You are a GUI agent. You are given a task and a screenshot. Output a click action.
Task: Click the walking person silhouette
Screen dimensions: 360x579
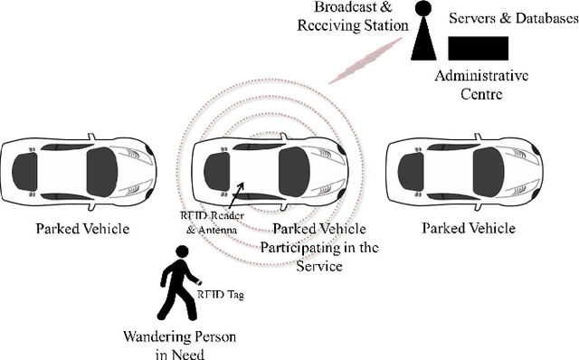tap(178, 289)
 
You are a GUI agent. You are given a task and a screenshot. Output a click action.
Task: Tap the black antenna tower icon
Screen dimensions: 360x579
tap(423, 41)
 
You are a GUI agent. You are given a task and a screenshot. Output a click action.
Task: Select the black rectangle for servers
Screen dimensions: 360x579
tap(478, 48)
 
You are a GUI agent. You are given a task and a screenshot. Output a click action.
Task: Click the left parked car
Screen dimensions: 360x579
tap(78, 170)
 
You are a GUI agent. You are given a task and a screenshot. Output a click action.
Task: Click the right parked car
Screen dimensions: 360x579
tap(467, 170)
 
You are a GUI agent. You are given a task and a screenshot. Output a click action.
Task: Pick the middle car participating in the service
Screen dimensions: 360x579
tap(271, 170)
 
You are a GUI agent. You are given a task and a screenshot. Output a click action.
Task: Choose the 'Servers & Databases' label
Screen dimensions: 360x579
tap(505, 18)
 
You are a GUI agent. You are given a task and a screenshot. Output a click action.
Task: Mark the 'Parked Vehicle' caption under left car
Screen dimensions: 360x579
tap(81, 229)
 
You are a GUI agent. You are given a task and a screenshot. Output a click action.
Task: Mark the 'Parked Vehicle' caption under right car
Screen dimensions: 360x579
tap(469, 229)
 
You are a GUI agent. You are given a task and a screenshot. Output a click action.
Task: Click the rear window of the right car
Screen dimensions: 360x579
tap(412, 170)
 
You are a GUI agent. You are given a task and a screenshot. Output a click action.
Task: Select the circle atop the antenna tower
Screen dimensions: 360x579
tap(422, 9)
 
